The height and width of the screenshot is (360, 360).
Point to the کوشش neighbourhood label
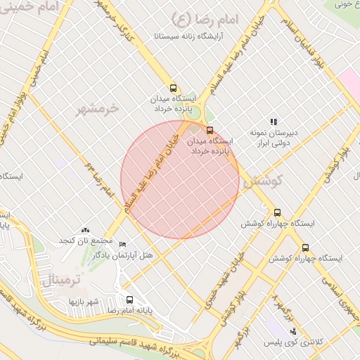click(x=262, y=182)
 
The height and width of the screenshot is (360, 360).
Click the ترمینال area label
click(x=58, y=280)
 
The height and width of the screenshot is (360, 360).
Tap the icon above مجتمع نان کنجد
click(x=86, y=230)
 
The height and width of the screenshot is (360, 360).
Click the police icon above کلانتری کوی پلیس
click(x=292, y=331)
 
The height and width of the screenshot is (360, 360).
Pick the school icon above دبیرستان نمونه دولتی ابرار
click(x=274, y=122)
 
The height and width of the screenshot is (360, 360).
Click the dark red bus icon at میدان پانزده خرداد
click(x=210, y=130)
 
